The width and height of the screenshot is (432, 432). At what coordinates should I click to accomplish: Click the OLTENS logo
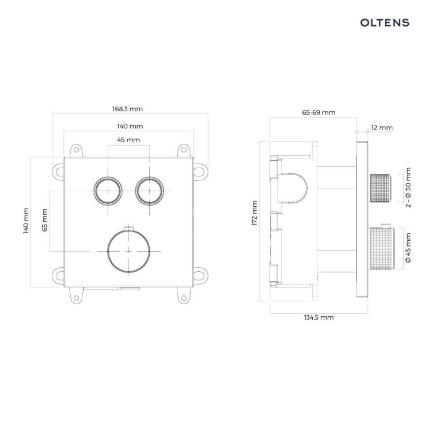point(385,22)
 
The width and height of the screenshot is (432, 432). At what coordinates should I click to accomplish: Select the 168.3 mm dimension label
point(127,109)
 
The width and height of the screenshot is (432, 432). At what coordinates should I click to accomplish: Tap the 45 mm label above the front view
point(128,140)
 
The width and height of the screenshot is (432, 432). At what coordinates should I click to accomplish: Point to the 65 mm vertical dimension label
point(44,220)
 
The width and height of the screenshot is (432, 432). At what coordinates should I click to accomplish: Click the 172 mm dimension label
point(254,213)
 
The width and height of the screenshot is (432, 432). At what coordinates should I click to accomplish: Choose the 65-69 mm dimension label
point(319,112)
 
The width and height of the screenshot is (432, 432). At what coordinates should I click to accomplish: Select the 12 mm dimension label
point(382,128)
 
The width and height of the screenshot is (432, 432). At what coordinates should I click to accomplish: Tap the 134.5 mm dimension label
point(319,317)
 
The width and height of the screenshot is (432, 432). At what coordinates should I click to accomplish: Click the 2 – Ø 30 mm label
point(408,187)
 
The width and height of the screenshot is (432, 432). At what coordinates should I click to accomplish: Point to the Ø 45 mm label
point(408,248)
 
